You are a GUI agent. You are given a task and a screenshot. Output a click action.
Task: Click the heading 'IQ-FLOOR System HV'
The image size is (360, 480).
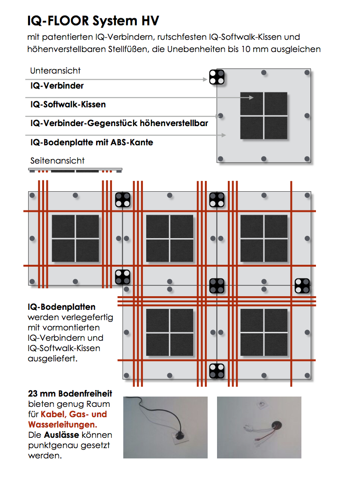[x=93, y=21]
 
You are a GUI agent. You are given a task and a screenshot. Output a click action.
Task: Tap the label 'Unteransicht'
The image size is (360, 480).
[x=55, y=71]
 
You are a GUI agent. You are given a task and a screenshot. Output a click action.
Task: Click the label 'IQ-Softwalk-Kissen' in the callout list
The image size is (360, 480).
[x=68, y=105]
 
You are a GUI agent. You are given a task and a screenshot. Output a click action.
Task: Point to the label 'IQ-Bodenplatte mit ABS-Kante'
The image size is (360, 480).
[x=92, y=142]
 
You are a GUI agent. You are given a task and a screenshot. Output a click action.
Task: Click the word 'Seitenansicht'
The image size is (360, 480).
[x=57, y=161]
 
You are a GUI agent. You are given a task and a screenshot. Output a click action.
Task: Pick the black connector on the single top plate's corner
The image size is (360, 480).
[x=217, y=77]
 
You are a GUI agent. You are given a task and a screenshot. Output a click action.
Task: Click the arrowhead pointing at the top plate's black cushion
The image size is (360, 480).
[x=252, y=98]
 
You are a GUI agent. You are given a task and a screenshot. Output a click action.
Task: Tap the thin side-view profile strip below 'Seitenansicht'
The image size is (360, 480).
[x=75, y=170]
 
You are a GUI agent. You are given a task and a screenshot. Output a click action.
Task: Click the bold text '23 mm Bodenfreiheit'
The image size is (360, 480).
[x=70, y=394]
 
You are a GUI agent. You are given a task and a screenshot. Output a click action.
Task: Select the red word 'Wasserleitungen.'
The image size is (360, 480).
[x=63, y=425]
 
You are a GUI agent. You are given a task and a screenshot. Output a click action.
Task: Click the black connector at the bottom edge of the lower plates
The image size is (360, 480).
[x=217, y=370]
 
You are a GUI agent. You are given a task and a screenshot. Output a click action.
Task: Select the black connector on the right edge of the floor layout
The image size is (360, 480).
[x=302, y=285]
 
